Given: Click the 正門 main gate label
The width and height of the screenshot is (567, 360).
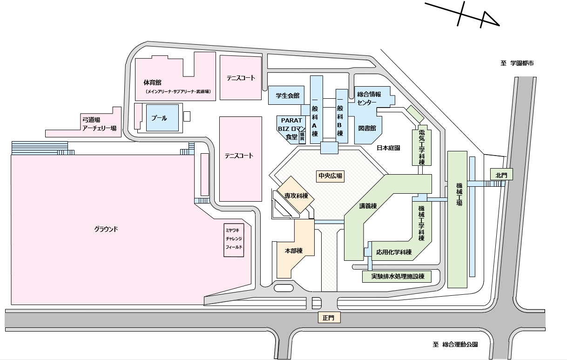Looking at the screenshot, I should click(331, 318).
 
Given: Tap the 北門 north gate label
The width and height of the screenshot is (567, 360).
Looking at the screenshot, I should click(501, 175).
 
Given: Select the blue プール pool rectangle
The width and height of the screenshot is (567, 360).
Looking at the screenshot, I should click(159, 118).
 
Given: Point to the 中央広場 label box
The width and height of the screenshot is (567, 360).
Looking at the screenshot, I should click(330, 176).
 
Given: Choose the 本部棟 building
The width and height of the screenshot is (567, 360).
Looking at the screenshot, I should click(294, 250).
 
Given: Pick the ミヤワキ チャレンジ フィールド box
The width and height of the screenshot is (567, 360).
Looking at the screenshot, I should click(234, 239).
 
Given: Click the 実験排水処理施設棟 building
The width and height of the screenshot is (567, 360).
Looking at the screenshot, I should click(397, 276).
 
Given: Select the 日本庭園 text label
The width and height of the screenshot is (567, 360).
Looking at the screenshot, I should click(389, 148).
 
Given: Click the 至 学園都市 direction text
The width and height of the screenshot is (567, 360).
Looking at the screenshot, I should click(517, 64).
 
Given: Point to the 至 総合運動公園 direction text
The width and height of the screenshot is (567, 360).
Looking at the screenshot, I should click(455, 345).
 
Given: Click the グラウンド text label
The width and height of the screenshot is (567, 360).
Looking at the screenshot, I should click(106, 229).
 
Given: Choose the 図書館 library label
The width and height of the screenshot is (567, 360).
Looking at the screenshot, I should click(367, 128).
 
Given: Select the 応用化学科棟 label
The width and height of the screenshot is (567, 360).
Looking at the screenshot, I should click(394, 252).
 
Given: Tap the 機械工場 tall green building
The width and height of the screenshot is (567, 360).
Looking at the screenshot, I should click(457, 219).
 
